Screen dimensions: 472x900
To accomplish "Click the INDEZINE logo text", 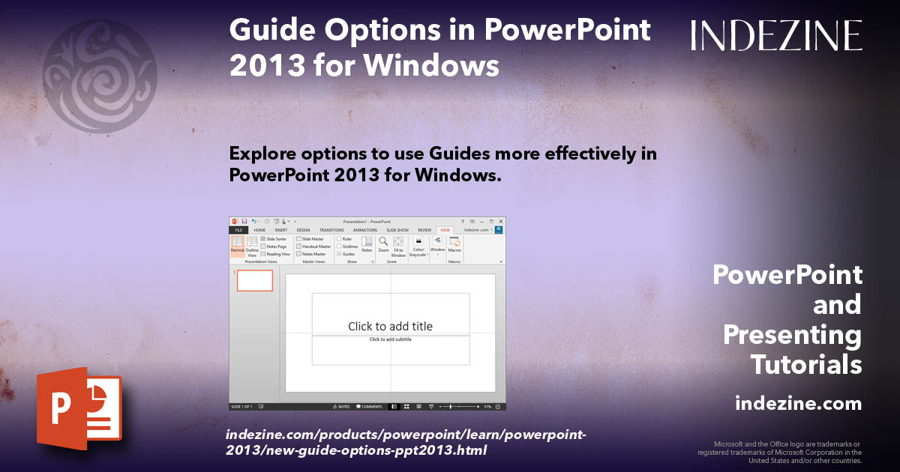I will pyautogui.click(x=776, y=36).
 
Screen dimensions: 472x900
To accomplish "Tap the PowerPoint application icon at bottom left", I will pyautogui.click(x=79, y=408).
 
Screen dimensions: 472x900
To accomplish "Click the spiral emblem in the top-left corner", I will pyautogui.click(x=100, y=65).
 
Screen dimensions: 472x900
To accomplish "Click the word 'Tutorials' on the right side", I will pyautogui.click(x=806, y=364).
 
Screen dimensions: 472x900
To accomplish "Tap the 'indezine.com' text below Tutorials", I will pyautogui.click(x=798, y=404).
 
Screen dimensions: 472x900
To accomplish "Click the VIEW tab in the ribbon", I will pyautogui.click(x=445, y=230).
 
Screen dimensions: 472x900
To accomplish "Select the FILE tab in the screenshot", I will pyautogui.click(x=238, y=230).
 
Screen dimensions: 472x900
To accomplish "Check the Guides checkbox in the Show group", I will pyautogui.click(x=339, y=254).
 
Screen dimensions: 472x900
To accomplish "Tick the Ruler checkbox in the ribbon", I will pyautogui.click(x=339, y=239).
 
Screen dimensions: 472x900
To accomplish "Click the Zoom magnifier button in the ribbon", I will pyautogui.click(x=383, y=244).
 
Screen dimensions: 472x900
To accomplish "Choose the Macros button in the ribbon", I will pyautogui.click(x=454, y=244).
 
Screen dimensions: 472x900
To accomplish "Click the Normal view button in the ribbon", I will pyautogui.click(x=237, y=246).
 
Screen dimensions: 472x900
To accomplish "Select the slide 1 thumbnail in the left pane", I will pyautogui.click(x=255, y=281).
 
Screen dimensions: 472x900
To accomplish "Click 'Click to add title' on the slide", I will pyautogui.click(x=390, y=326).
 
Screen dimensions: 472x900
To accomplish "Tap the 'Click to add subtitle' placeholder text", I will pyautogui.click(x=390, y=339).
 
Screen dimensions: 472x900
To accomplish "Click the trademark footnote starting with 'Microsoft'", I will pyautogui.click(x=780, y=452).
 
